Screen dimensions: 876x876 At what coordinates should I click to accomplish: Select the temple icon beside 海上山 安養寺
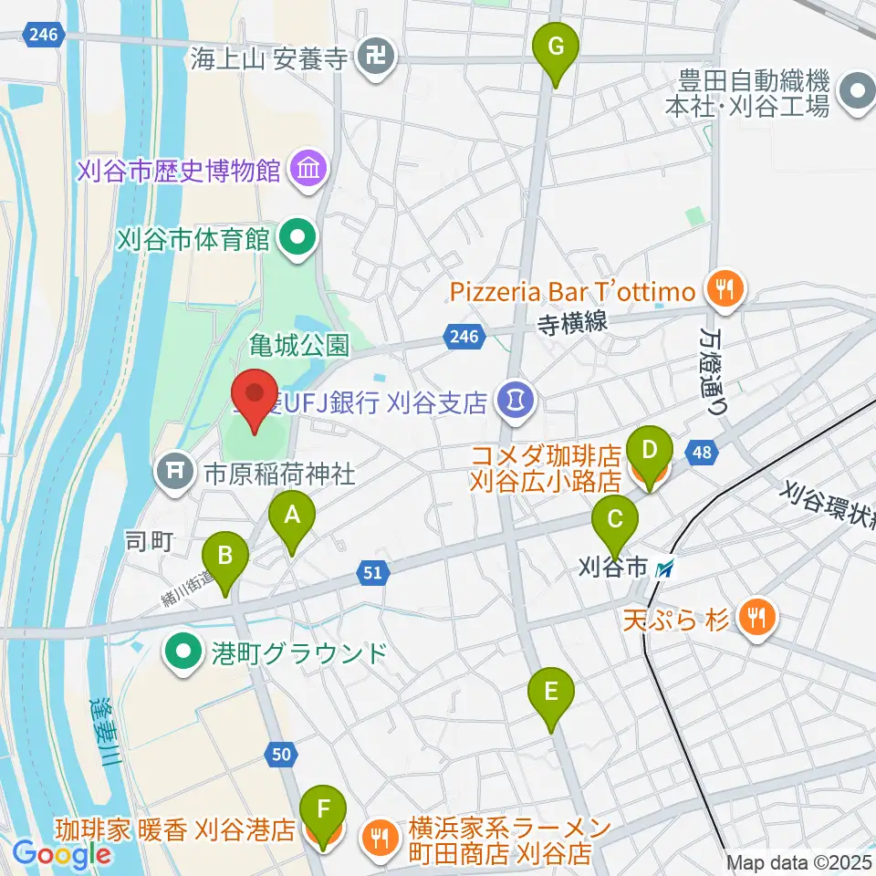point(375,60)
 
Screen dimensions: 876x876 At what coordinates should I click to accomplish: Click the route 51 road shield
point(374,573)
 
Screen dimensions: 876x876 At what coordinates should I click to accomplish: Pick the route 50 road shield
point(282,753)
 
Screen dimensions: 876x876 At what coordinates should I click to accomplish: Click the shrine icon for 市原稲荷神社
point(172,473)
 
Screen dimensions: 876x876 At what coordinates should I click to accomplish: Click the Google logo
point(62,854)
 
